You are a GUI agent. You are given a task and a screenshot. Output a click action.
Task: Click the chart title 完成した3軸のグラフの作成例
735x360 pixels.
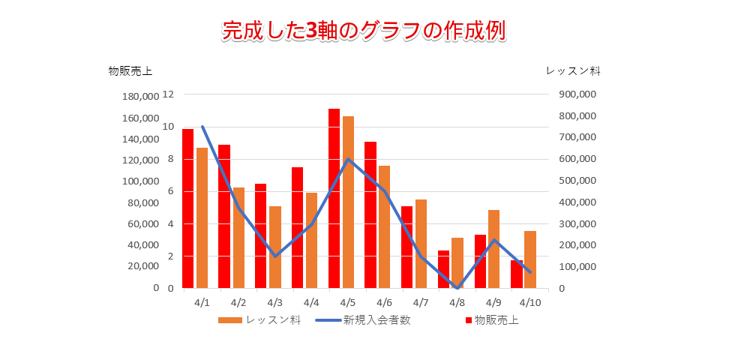coord(364,30)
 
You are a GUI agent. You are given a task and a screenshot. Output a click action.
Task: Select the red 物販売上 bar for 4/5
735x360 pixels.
coord(334,199)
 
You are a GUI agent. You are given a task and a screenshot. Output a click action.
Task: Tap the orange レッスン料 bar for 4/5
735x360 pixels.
coord(349,202)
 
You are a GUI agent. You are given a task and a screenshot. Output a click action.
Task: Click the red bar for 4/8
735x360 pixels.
coord(444,269)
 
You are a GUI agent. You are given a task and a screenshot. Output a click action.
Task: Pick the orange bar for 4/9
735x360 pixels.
coord(493,249)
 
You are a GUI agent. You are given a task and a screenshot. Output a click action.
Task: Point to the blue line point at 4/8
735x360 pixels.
coord(457,287)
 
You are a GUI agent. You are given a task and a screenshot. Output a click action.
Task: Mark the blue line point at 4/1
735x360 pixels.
coord(202,127)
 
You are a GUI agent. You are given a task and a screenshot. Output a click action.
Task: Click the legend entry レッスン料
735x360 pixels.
coord(260,320)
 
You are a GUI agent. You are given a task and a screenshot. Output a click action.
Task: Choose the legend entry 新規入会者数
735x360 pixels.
coord(363,320)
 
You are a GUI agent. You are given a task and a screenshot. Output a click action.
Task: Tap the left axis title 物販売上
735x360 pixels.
coord(130,71)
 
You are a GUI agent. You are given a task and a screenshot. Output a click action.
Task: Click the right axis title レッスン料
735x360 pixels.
coord(573,71)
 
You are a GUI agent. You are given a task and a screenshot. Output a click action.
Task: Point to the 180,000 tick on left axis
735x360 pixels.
coord(139,97)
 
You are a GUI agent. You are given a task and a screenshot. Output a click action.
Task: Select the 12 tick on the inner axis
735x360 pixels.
coord(168,94)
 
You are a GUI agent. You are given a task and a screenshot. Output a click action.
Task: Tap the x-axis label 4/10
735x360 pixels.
coord(530,303)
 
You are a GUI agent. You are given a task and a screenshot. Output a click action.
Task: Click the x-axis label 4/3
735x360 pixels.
coord(274,303)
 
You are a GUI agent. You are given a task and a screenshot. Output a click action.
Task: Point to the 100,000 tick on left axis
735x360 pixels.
coord(139,181)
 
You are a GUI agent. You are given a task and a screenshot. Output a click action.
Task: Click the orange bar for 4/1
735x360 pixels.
coord(202,217)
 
